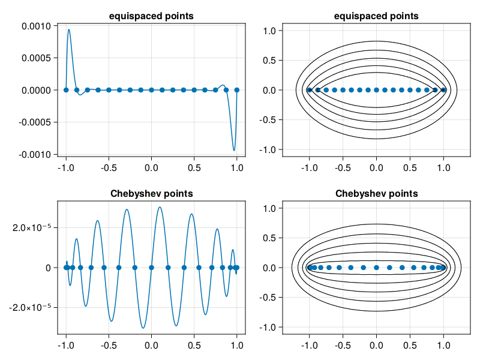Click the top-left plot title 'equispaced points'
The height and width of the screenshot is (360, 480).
pyautogui.click(x=151, y=16)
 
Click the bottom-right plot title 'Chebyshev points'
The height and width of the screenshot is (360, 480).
pyautogui.click(x=376, y=194)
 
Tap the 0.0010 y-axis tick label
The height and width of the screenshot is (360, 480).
pyautogui.click(x=38, y=26)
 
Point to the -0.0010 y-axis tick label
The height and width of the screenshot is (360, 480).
pyautogui.click(x=37, y=154)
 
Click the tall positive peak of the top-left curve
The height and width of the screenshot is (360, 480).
pyautogui.click(x=69, y=29)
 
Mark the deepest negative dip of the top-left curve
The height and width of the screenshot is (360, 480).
pyautogui.click(x=234, y=151)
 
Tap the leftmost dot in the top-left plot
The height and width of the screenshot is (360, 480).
pyautogui.click(x=66, y=90)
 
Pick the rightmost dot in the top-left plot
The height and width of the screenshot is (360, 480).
pyautogui.click(x=237, y=90)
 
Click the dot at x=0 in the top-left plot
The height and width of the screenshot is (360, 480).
pyautogui.click(x=151, y=90)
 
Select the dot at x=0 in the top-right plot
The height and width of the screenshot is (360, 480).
pyautogui.click(x=376, y=90)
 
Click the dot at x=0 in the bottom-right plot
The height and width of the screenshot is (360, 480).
pyautogui.click(x=376, y=268)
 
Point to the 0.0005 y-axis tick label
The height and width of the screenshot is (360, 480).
pyautogui.click(x=38, y=58)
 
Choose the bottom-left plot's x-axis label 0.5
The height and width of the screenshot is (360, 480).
pyautogui.click(x=194, y=345)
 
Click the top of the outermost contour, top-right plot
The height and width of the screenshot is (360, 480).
pyautogui.click(x=376, y=41)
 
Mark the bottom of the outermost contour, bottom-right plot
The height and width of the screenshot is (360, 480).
pyautogui.click(x=376, y=311)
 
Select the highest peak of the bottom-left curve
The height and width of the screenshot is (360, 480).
pyautogui.click(x=160, y=207)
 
